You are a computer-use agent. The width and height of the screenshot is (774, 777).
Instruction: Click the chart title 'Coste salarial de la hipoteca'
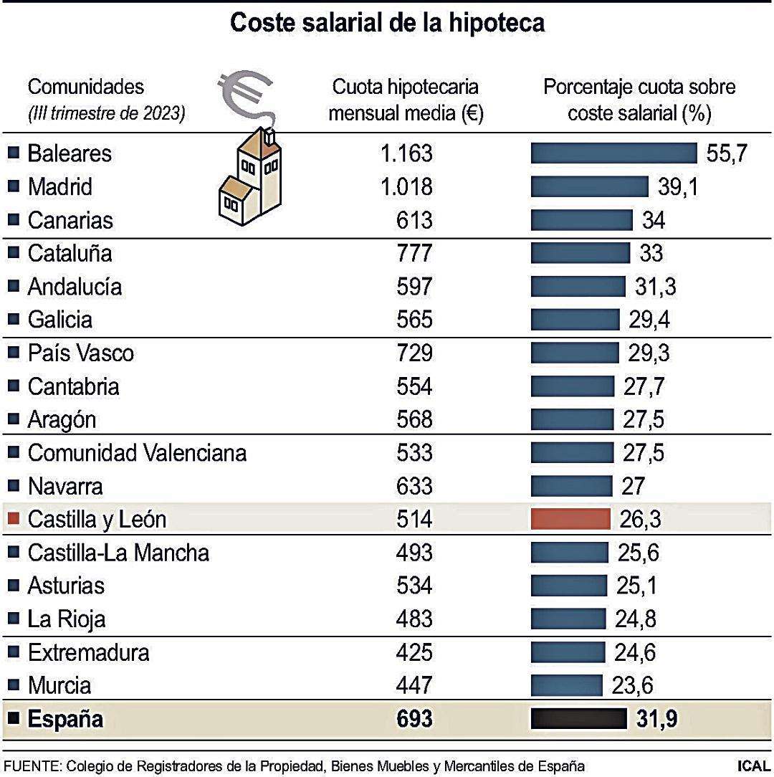[387, 23]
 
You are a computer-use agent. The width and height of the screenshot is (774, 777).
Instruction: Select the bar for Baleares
[613, 153]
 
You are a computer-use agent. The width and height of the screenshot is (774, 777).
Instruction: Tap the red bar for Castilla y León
[570, 519]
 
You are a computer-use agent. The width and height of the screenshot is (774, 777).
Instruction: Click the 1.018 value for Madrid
[406, 187]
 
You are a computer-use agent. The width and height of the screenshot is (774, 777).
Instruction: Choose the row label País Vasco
[80, 353]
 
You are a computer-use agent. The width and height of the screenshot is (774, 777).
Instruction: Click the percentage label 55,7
[727, 153]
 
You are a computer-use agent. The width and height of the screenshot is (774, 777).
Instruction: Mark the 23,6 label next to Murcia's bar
[633, 686]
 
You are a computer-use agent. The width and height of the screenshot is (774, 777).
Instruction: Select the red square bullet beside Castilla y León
[13, 519]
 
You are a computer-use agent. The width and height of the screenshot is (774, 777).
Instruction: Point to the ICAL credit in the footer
[752, 766]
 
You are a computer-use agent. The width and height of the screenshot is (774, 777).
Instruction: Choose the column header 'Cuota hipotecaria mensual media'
[405, 101]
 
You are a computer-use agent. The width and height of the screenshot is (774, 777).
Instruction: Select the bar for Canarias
[581, 220]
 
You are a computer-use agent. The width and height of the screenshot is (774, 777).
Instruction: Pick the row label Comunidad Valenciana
[137, 453]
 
